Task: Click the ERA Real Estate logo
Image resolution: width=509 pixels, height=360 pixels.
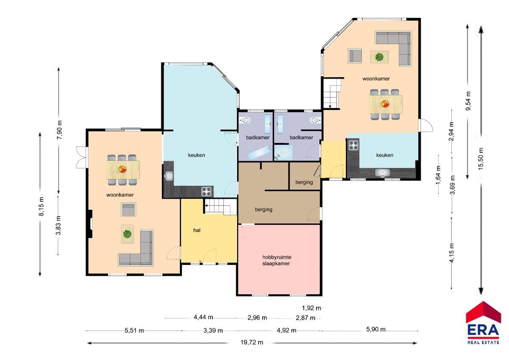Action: tap(483, 323)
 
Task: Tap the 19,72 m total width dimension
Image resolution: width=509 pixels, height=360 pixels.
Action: tap(252, 342)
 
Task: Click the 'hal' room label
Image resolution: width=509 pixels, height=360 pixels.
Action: tap(197, 231)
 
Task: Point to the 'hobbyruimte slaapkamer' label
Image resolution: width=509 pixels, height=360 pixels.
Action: tap(277, 260)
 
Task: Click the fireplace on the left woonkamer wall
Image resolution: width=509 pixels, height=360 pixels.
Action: tap(90, 224)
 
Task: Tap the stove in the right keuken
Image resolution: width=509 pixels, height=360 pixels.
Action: tap(354, 145)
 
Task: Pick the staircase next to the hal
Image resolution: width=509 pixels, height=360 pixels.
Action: tap(221, 206)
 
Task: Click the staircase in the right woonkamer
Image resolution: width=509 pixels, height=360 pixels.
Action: tap(332, 93)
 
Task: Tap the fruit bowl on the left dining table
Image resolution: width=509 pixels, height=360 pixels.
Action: tap(123, 169)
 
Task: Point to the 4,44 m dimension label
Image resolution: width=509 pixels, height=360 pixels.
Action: tap(203, 317)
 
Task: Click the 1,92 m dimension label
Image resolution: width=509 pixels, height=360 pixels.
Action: tap(311, 308)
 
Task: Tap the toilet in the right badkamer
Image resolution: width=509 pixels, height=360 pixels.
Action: tap(315, 120)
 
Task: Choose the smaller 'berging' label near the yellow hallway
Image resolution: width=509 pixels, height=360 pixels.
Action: tap(304, 182)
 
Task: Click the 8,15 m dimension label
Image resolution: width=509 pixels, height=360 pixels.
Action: tap(42, 206)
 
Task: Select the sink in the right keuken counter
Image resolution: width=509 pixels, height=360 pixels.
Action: tap(383, 173)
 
